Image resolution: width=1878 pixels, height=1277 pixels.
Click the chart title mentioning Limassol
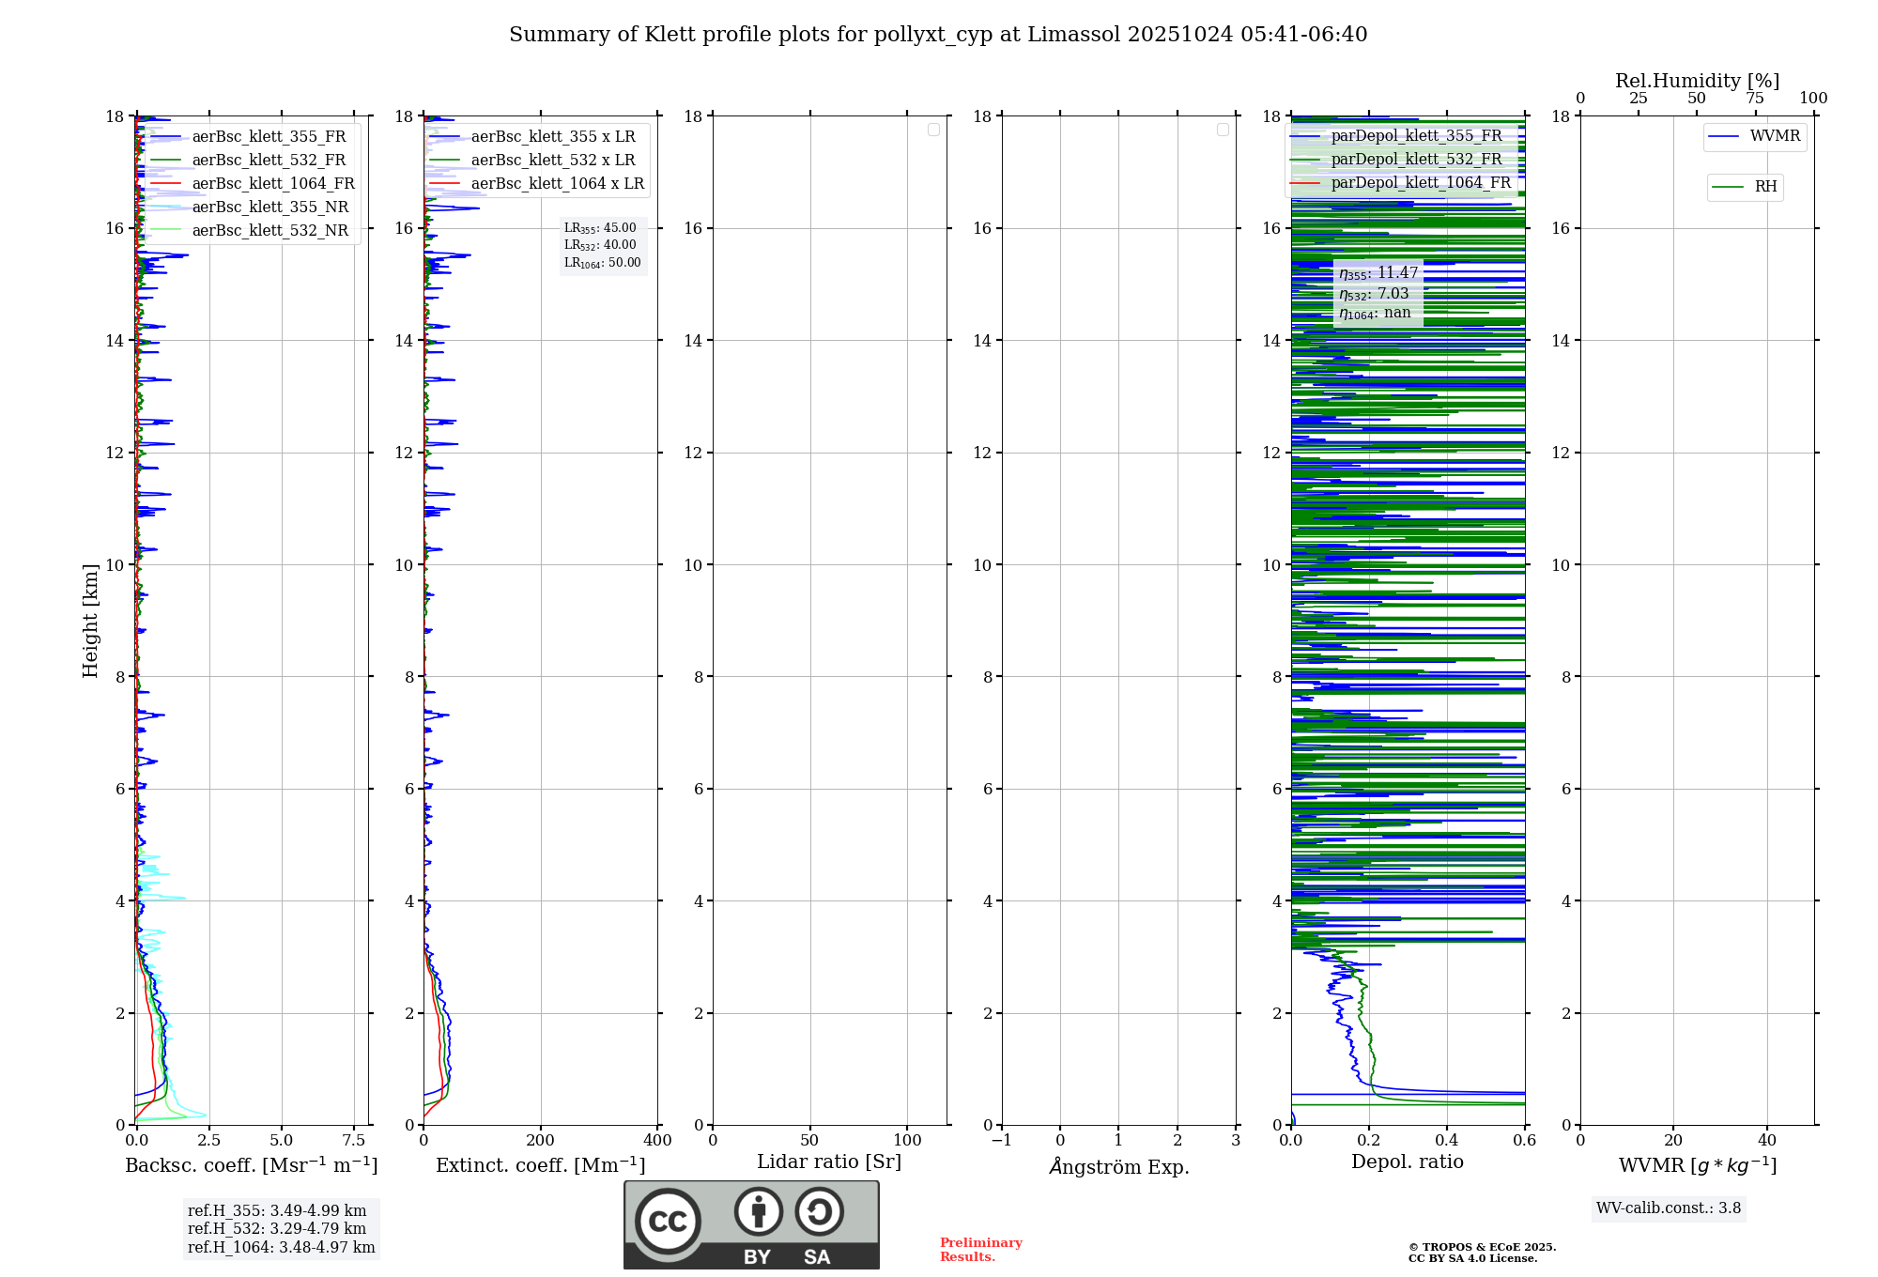pos(938,35)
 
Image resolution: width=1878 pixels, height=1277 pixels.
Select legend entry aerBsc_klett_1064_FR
pos(273,184)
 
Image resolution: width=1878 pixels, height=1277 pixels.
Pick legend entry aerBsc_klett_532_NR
pos(269,231)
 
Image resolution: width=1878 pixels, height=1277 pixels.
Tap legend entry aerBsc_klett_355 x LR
pos(552,137)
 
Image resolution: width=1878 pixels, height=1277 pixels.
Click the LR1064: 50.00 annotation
pos(602,263)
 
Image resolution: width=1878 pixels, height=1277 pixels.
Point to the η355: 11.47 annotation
pos(1378,273)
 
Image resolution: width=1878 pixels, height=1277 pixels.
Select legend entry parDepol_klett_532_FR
pos(1416,160)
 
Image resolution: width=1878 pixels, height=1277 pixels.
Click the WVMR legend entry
pos(1774,136)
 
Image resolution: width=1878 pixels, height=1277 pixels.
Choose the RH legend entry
pos(1764,187)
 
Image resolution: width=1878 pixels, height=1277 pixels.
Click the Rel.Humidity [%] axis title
pos(1697,81)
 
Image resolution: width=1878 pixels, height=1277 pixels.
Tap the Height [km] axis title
pos(90,621)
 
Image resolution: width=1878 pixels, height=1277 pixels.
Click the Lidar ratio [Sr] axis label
pos(829,1162)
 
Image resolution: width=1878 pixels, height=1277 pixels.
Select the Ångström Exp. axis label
pos(1118,1166)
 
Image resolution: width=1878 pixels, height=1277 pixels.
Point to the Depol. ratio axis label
pos(1407,1162)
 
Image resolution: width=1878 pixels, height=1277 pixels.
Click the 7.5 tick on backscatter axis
pos(353,1141)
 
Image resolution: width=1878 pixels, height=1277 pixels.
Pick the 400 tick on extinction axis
pos(657,1141)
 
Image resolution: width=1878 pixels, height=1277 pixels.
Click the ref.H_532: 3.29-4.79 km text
pos(277,1229)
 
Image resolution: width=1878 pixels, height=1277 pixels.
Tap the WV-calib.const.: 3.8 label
pos(1669,1208)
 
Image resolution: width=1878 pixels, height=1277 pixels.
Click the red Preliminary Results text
pos(980,1250)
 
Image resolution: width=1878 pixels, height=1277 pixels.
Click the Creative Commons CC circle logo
pos(668,1222)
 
